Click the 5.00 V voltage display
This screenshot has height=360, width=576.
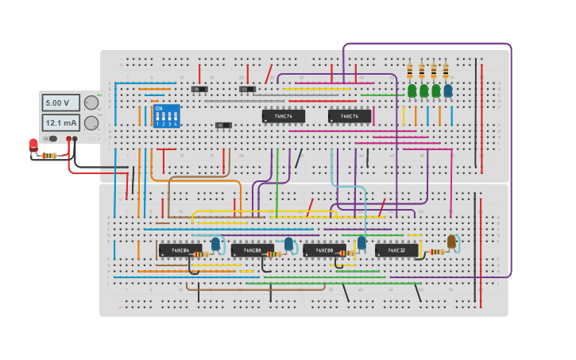pyautogui.click(x=60, y=103)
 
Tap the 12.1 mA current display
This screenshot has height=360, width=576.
pyautogui.click(x=60, y=123)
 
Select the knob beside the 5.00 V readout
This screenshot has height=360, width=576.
pyautogui.click(x=91, y=103)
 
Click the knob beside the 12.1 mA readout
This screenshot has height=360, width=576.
pyautogui.click(x=91, y=123)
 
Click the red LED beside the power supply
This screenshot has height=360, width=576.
pyautogui.click(x=33, y=145)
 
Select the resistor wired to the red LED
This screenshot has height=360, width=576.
pyautogui.click(x=49, y=156)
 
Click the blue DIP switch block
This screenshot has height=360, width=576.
pyautogui.click(x=166, y=116)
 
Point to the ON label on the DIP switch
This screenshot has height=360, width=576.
pyautogui.click(x=159, y=108)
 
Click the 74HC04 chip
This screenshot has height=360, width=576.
pyautogui.click(x=174, y=250)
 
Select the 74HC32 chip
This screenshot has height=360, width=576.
pyautogui.click(x=396, y=250)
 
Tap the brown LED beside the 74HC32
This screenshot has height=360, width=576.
pyautogui.click(x=451, y=242)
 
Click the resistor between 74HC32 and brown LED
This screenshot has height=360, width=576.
pyautogui.click(x=437, y=252)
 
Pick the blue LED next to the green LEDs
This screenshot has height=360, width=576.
pyautogui.click(x=448, y=91)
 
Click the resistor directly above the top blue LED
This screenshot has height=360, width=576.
pyautogui.click(x=446, y=72)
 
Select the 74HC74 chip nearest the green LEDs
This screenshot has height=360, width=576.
pyautogui.click(x=350, y=116)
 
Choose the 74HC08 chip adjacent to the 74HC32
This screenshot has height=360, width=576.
pyautogui.click(x=324, y=250)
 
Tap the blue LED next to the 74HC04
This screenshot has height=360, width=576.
pyautogui.click(x=215, y=244)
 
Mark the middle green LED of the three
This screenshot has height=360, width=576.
pyautogui.click(x=424, y=91)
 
